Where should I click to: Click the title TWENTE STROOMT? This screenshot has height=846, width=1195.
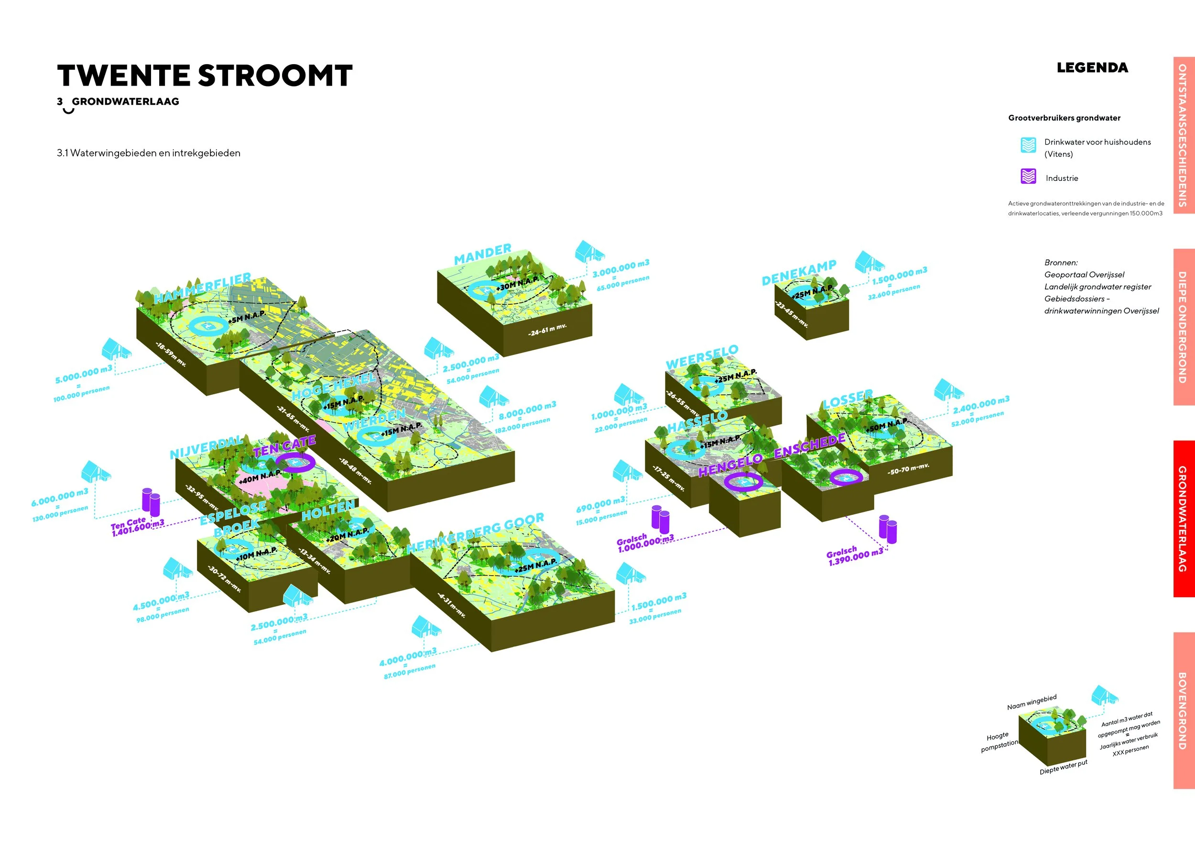point(205,76)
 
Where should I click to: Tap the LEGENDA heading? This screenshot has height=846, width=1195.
point(1092,68)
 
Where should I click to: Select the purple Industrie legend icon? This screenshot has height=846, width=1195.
point(1028,177)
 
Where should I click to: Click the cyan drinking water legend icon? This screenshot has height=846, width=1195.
point(1028,145)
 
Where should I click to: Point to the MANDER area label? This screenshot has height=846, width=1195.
point(482,254)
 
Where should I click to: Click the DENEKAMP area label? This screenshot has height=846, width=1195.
point(798,272)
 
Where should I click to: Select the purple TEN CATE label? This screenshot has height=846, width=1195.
point(284,446)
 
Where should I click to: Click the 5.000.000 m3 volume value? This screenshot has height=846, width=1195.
point(83,374)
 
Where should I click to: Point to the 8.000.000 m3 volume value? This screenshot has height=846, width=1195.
point(527,410)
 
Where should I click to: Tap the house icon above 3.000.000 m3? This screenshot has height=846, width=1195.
point(590,252)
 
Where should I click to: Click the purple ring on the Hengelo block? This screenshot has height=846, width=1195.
point(743,482)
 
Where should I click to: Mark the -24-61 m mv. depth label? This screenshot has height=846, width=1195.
point(547,330)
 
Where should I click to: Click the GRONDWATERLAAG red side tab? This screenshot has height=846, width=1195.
point(1183,518)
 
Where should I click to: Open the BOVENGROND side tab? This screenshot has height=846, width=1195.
point(1183,711)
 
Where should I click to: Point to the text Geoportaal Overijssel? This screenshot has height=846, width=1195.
point(1084,275)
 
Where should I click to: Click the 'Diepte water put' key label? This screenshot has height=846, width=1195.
point(1064,767)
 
